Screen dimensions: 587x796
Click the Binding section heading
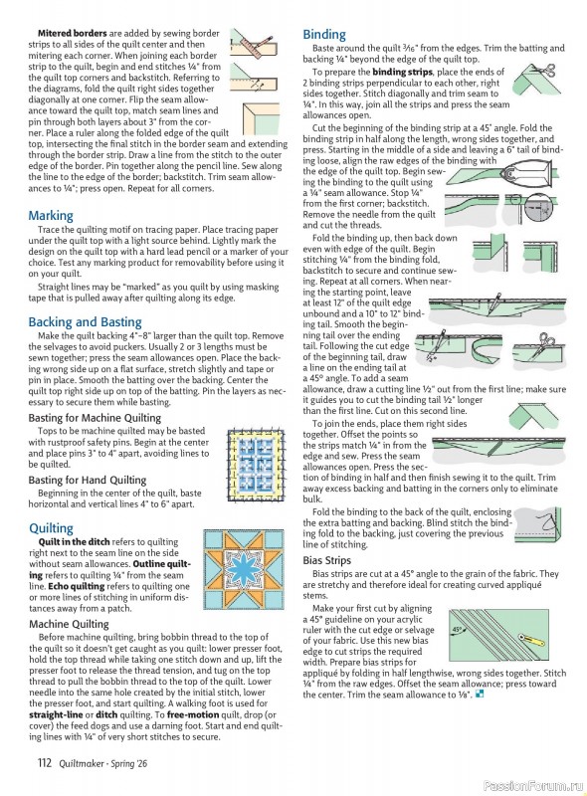[324, 35]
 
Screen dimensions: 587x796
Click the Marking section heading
[51, 216]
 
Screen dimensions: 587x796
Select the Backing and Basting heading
[85, 322]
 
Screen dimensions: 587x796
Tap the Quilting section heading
[51, 528]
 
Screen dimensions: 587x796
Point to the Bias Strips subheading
[327, 560]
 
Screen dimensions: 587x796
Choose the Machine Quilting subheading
[69, 624]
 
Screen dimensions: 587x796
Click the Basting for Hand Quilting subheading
[87, 481]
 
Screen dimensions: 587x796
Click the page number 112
[44, 762]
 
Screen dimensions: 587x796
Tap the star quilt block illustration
[243, 569]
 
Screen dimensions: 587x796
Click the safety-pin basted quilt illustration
[256, 465]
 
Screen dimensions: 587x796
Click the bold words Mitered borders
[72, 34]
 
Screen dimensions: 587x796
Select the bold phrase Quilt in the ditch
[75, 542]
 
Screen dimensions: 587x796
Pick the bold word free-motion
[193, 714]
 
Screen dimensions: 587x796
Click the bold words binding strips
[402, 72]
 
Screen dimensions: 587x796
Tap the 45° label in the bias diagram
[457, 630]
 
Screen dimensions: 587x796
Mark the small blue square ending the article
[481, 695]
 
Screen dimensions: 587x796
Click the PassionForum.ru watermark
[532, 786]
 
